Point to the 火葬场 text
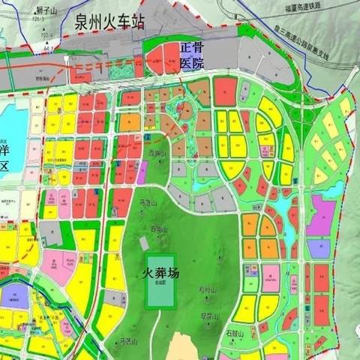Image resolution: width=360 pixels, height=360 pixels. click(x=160, y=274)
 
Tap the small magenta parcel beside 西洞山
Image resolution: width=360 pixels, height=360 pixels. click(x=140, y=173)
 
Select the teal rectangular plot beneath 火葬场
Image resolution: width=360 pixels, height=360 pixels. click(x=163, y=280)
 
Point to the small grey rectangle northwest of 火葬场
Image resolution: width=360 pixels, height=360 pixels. click(x=145, y=244)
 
